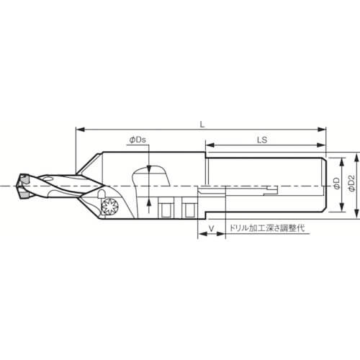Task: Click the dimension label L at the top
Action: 203,125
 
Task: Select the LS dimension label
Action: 262,140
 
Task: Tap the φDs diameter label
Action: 138,140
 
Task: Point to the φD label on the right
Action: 337,184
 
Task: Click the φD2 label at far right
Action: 351,184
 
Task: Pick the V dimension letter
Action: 211,229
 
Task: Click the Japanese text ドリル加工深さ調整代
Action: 267,228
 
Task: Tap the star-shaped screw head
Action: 110,206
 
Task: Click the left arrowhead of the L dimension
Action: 80,130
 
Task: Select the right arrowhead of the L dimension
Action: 322,130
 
